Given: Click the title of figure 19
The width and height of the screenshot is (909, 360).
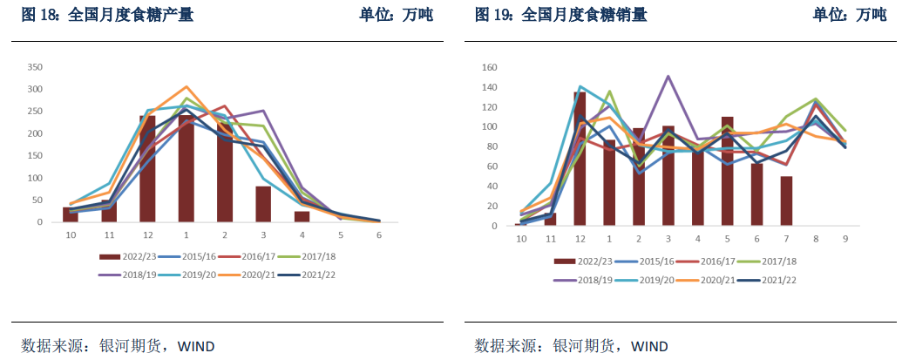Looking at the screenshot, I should (x=560, y=15).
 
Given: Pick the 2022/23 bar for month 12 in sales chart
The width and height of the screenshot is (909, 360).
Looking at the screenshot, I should (x=580, y=159).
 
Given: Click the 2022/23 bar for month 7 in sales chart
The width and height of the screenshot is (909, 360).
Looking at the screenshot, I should (x=786, y=200).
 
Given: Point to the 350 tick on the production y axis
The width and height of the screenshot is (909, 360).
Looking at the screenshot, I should (x=35, y=67).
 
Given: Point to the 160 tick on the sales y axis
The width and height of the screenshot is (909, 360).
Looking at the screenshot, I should (x=489, y=67).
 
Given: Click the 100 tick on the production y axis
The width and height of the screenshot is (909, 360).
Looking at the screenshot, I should (x=35, y=178).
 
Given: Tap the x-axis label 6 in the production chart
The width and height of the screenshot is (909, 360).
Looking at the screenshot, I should (x=379, y=235).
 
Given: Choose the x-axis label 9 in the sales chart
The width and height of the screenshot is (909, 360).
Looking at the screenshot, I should (x=845, y=239).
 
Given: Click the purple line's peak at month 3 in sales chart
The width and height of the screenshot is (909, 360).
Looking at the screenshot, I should (x=668, y=76).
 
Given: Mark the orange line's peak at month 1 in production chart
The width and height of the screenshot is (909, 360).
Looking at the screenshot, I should (x=186, y=86).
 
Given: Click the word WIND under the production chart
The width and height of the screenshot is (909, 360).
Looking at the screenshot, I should (x=196, y=346).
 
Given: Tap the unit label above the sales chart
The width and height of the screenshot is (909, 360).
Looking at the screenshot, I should (x=850, y=15).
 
